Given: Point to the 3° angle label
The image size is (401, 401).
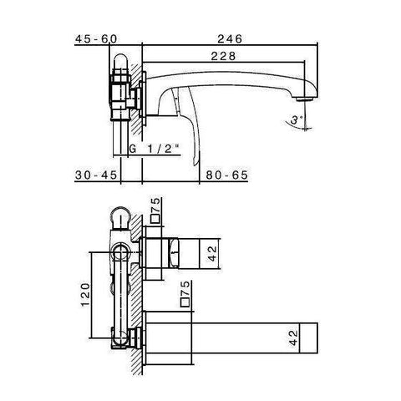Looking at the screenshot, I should click(x=296, y=120).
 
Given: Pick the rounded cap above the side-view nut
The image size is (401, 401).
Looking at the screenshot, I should click(x=122, y=63).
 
